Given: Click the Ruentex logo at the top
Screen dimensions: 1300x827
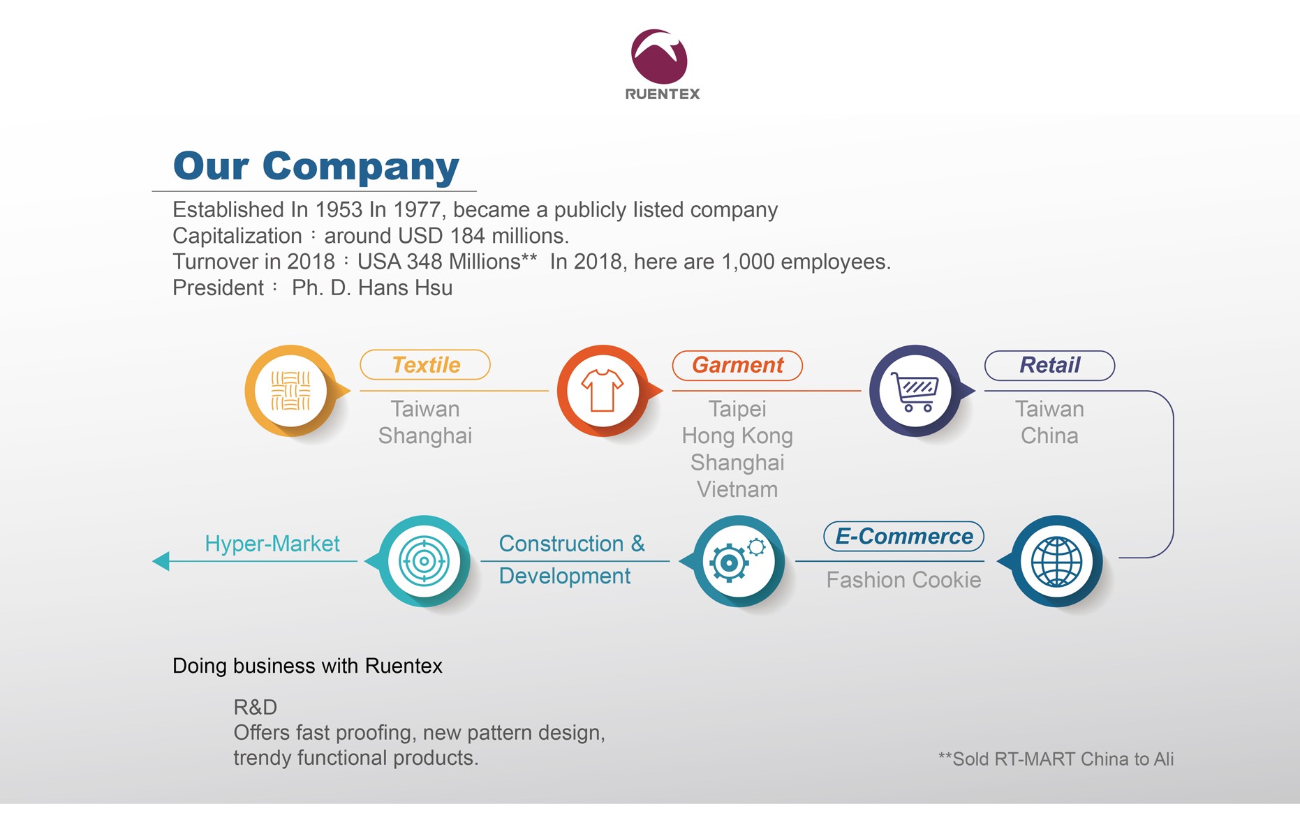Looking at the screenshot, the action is click(662, 65).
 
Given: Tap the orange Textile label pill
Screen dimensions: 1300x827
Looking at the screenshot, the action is click(425, 365).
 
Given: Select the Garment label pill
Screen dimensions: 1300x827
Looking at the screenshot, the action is click(737, 365).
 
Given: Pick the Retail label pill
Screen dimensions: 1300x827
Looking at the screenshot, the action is click(1049, 365).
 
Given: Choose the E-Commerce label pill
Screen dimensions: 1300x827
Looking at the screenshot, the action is click(903, 536).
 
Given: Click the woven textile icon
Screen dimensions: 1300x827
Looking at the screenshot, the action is click(290, 391).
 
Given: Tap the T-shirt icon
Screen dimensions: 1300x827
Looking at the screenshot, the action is click(603, 390).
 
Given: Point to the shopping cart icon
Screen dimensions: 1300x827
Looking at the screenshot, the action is click(915, 391).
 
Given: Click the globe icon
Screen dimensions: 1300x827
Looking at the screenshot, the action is click(1056, 561).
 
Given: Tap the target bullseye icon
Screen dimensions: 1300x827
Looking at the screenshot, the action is click(423, 561).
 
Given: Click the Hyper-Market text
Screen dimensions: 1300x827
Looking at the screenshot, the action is click(272, 544).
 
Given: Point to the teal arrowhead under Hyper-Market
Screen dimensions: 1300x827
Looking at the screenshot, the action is click(161, 560).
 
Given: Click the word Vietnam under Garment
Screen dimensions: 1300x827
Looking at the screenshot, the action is click(737, 489).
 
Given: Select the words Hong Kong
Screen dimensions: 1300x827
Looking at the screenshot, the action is click(737, 436).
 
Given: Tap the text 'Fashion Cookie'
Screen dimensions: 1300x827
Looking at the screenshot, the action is click(903, 580).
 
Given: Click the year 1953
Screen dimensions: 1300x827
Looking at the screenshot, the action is click(339, 209).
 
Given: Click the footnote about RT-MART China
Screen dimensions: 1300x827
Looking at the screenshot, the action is click(1056, 759).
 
